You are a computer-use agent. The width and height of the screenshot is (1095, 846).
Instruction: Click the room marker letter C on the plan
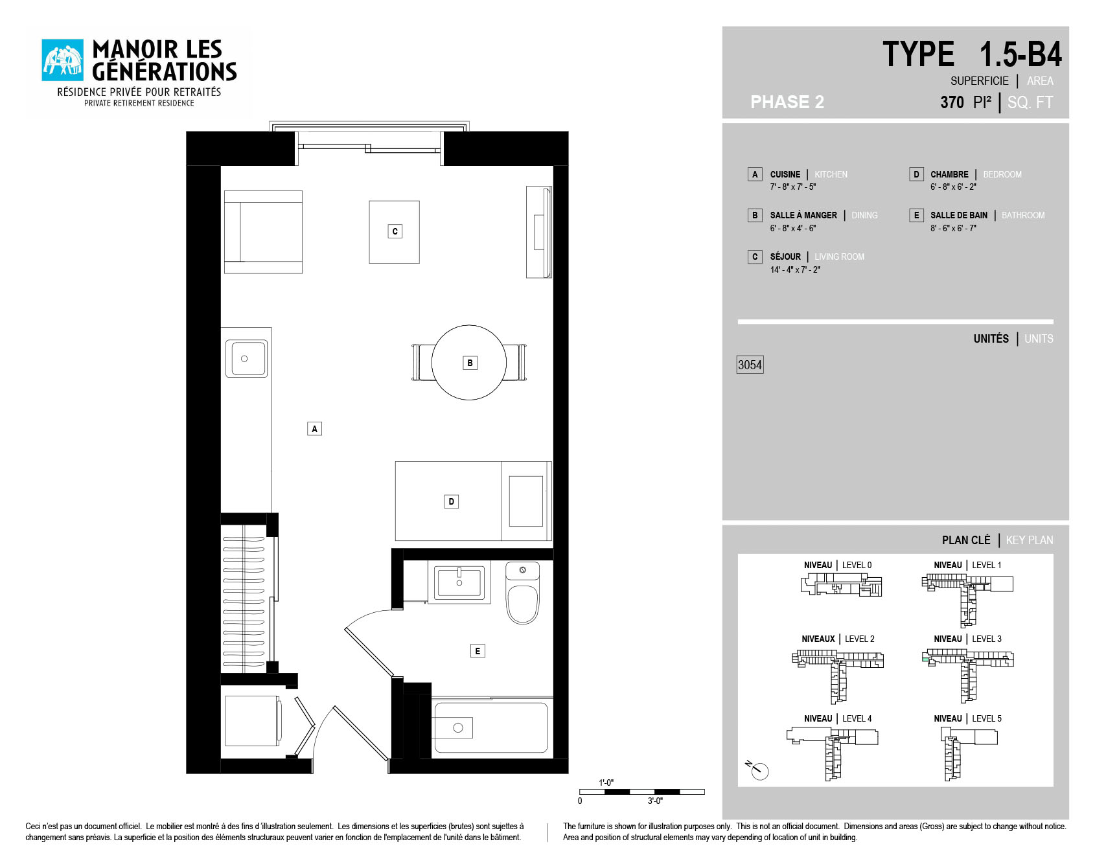tap(395, 231)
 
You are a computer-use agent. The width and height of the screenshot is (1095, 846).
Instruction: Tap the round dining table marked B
tap(469, 363)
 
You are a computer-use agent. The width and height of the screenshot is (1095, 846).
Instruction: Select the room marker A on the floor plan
tap(314, 429)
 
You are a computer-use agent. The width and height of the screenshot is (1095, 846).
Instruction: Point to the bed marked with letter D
tap(473, 501)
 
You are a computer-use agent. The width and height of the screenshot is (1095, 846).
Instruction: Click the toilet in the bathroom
tap(522, 593)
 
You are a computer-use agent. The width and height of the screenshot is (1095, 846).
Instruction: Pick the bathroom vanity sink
tap(459, 582)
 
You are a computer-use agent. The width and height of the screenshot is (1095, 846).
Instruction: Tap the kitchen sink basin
tap(246, 358)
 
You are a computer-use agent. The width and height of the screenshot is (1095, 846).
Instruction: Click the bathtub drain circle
tap(458, 728)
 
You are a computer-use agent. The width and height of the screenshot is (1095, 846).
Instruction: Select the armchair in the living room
tap(263, 232)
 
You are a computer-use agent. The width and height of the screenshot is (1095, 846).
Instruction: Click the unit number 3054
tap(750, 365)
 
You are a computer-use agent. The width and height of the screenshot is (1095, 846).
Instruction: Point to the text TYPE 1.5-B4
tap(972, 54)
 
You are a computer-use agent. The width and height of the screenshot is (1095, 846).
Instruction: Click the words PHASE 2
tap(787, 102)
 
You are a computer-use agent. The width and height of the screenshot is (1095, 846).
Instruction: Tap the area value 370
tap(952, 102)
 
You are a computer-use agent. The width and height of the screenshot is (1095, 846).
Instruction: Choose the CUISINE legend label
tap(785, 174)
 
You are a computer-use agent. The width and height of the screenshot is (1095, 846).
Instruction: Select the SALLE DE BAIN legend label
tap(959, 215)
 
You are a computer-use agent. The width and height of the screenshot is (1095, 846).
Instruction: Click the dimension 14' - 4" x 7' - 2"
tap(795, 269)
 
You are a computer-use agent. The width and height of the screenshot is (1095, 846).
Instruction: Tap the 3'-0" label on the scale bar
tap(655, 801)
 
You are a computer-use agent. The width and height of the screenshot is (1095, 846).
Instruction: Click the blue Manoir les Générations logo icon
tap(62, 60)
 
